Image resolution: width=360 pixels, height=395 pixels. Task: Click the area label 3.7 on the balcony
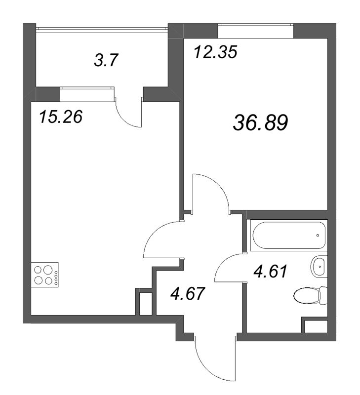tap(106, 60)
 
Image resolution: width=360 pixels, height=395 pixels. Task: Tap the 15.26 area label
tap(61, 117)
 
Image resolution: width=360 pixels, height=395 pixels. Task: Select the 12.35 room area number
tap(216, 52)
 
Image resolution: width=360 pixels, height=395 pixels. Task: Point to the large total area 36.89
tap(260, 122)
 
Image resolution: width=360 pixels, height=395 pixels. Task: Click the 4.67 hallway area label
tap(187, 293)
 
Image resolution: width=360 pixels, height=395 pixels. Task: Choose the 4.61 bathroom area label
tap(270, 271)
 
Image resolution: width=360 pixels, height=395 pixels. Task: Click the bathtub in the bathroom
tap(289, 236)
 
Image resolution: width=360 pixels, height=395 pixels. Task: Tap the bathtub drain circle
tap(318, 236)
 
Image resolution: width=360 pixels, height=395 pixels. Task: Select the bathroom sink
tap(319, 267)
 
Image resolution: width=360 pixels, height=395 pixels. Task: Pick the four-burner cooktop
tap(44, 275)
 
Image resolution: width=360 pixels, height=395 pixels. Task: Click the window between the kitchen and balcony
tap(87, 94)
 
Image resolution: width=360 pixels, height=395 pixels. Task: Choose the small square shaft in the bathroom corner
tap(315, 326)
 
